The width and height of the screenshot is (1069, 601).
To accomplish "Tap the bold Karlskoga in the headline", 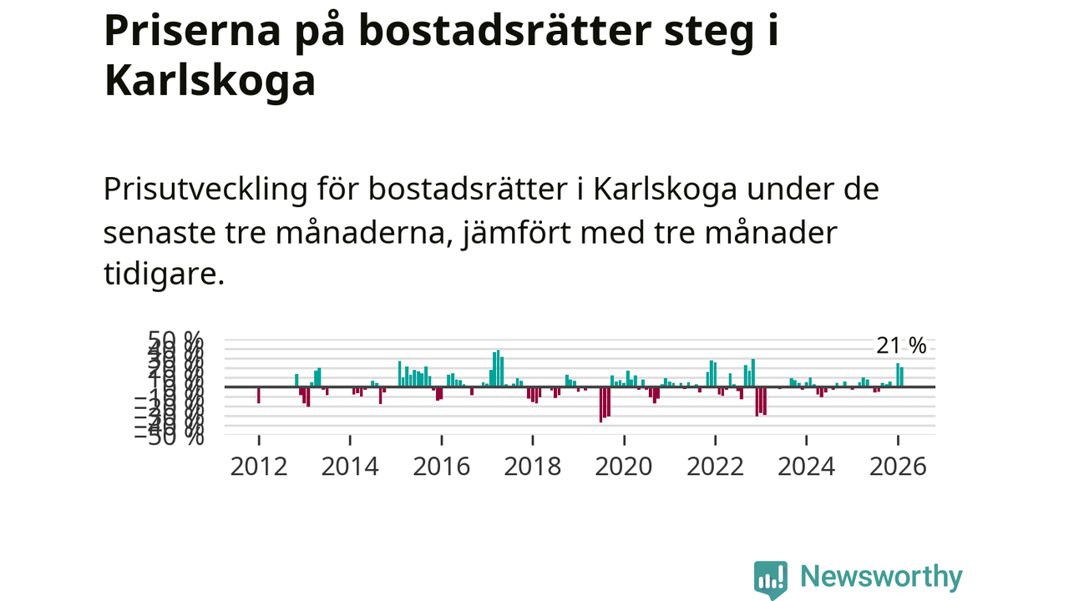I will tap(210, 82).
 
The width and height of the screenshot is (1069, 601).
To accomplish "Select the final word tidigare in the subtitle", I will tap(164, 276).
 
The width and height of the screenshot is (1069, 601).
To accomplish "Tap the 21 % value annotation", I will tap(901, 346).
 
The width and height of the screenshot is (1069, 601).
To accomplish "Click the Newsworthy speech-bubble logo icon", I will tap(770, 578).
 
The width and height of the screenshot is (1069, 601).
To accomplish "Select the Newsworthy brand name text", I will tap(881, 577).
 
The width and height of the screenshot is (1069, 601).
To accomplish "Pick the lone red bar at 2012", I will tap(259, 395).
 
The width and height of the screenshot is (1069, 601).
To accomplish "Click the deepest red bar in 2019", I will tap(600, 405).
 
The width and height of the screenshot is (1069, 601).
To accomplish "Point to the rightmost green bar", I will tap(902, 377).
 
